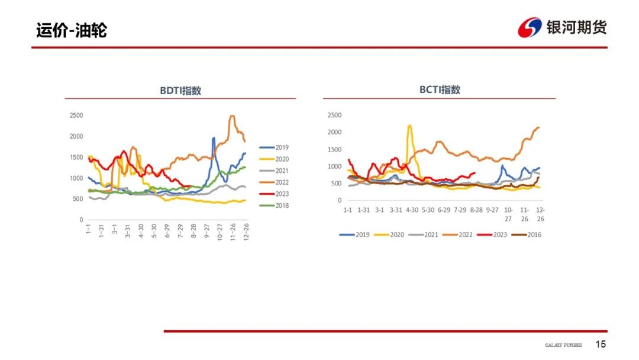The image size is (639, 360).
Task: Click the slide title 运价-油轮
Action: coord(72,31)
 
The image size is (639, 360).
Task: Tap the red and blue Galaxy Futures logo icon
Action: coord(530,27)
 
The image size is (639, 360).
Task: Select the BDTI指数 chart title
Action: coord(180,91)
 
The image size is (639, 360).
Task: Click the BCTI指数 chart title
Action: coord(440,89)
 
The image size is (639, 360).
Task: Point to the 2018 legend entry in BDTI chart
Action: coord(274,205)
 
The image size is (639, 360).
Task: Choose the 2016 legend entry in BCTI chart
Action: coord(527,234)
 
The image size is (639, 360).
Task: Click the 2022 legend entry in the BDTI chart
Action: coord(274,182)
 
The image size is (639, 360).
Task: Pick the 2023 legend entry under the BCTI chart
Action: coord(492,234)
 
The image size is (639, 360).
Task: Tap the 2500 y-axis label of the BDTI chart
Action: coord(76,115)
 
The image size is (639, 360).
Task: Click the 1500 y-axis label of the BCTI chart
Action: coord(334,149)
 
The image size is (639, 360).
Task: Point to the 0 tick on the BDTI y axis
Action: coord(81,220)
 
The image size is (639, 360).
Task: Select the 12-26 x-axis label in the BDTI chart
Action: coord(246,232)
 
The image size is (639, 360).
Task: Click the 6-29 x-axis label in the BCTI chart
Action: coord(444,210)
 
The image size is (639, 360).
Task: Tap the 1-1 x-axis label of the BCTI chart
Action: coord(347,210)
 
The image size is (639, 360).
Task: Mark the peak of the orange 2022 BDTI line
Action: coord(233,116)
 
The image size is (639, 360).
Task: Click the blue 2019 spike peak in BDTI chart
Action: coord(214,138)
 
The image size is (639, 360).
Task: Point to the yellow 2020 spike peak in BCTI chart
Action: coord(409,126)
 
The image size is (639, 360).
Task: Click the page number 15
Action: coord(601,344)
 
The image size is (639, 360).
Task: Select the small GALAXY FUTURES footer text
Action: coord(564,345)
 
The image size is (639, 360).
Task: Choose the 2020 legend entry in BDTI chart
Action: coord(274,159)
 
